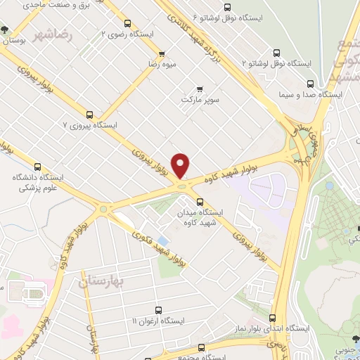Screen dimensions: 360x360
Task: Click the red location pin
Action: [x=181, y=166]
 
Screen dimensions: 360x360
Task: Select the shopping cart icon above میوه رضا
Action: [x=162, y=54]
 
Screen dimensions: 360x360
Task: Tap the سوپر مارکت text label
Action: [x=201, y=100]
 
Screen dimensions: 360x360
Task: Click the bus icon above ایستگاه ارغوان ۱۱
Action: [x=157, y=309]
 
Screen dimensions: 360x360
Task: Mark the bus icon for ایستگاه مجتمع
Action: [x=202, y=348]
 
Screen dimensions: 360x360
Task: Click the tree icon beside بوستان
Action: [x=6, y=30]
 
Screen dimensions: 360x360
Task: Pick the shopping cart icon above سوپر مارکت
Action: [x=200, y=89]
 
